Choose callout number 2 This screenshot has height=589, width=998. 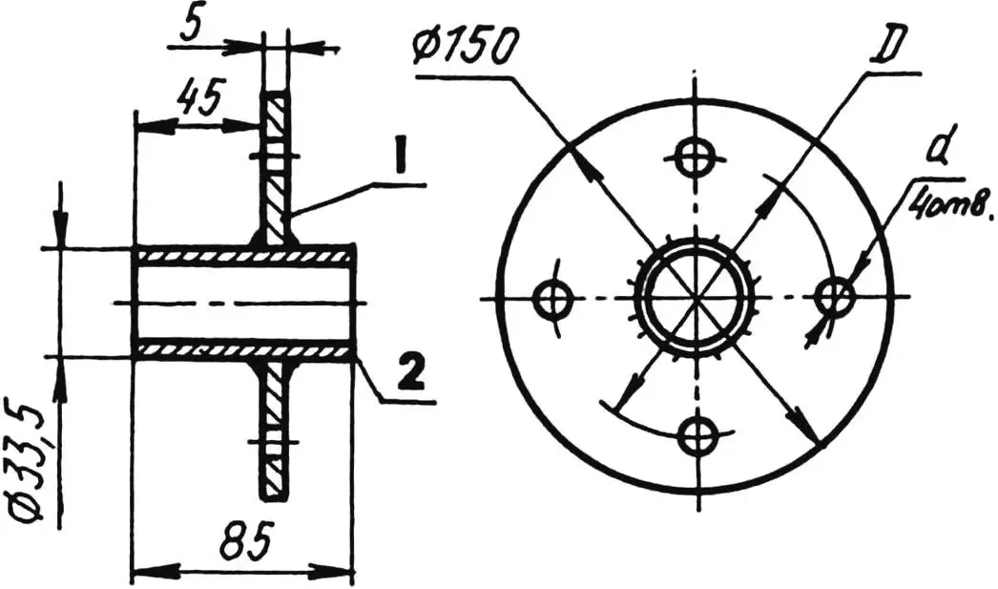pos(409,375)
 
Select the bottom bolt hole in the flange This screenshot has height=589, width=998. pos(697,435)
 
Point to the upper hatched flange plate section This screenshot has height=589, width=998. pos(278,167)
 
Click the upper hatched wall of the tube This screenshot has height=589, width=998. pos(243,255)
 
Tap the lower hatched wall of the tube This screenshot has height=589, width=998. pos(243,351)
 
